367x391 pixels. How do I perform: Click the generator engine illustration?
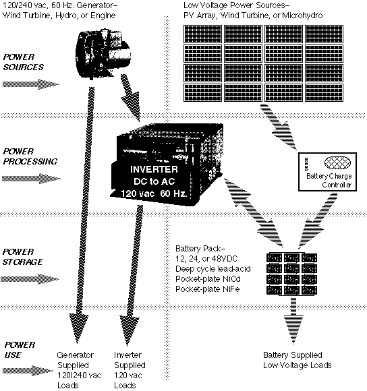click(103, 54)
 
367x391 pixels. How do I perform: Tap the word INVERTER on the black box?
click(154, 170)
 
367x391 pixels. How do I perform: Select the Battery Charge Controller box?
click(328, 172)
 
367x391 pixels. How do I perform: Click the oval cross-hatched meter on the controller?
click(337, 163)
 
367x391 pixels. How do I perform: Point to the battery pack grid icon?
click(291, 274)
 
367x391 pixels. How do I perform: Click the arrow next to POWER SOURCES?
click(31, 84)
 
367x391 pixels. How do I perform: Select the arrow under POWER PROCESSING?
click(31, 179)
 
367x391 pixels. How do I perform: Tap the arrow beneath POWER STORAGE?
click(30, 279)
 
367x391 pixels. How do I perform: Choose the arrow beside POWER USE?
click(28, 371)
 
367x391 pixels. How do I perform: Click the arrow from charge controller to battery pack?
click(317, 220)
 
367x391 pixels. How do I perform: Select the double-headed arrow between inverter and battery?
click(254, 212)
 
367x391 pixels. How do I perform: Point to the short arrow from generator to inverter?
click(130, 98)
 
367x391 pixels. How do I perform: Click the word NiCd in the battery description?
click(232, 279)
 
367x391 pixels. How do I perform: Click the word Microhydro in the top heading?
click(302, 16)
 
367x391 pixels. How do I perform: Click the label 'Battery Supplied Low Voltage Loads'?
click(297, 360)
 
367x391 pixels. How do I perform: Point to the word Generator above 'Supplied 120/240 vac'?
click(75, 355)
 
